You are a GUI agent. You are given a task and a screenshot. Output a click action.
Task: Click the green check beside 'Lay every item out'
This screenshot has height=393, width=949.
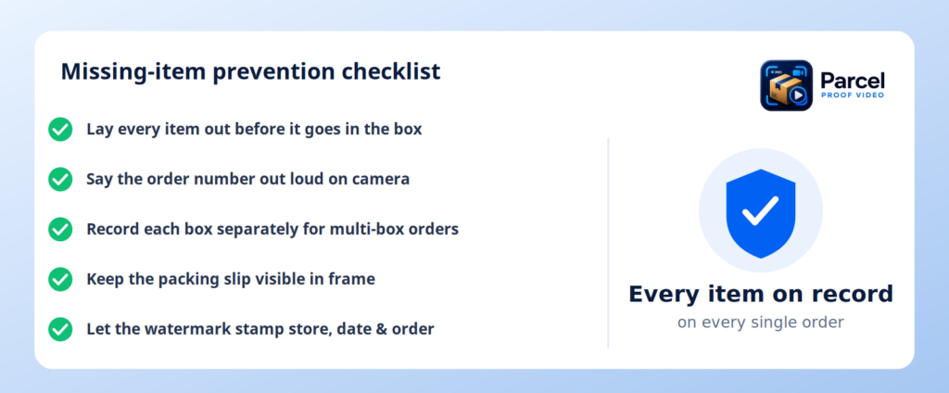pos(60,130)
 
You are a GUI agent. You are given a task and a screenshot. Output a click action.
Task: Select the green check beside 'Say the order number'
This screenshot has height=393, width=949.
pos(60,179)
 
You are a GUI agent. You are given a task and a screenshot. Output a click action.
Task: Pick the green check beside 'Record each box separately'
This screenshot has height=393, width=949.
pos(60,230)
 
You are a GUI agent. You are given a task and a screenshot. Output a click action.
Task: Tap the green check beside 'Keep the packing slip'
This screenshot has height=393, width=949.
pos(60,279)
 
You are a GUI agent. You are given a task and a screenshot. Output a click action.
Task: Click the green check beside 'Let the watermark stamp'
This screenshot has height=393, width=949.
pos(60,329)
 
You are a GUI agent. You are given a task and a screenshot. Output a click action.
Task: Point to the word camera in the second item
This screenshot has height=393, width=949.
pos(383,180)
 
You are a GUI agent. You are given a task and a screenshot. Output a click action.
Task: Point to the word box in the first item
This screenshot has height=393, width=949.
pos(408,130)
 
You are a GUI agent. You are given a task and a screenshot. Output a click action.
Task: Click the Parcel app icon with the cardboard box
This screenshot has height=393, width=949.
pos(786,85)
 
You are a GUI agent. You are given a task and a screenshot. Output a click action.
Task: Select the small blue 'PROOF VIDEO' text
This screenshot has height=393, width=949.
pos(853,95)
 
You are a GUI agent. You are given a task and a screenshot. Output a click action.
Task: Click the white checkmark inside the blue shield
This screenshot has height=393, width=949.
pos(761,210)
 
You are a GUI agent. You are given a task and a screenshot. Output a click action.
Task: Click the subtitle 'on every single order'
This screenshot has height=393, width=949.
pos(760,323)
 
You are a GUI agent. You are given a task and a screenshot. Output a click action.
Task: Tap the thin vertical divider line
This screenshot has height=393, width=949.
pos(608,243)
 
